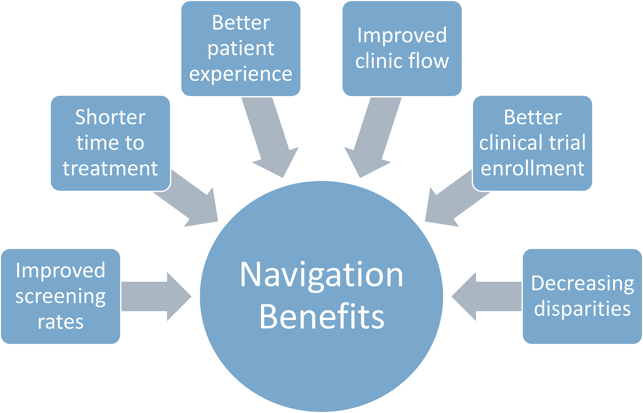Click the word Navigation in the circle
pos(321,275)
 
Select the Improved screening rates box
pos(61,296)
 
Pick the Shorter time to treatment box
pos(110,143)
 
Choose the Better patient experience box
pos(241,48)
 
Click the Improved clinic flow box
pos(402,48)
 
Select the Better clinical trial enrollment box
pos(532,143)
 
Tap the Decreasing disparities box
pos(582,296)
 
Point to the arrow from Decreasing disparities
pos(489,296)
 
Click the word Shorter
pos(110,117)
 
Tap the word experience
pos(241,74)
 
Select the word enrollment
pos(532,168)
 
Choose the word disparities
pos(582,309)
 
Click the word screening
pos(61,297)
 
